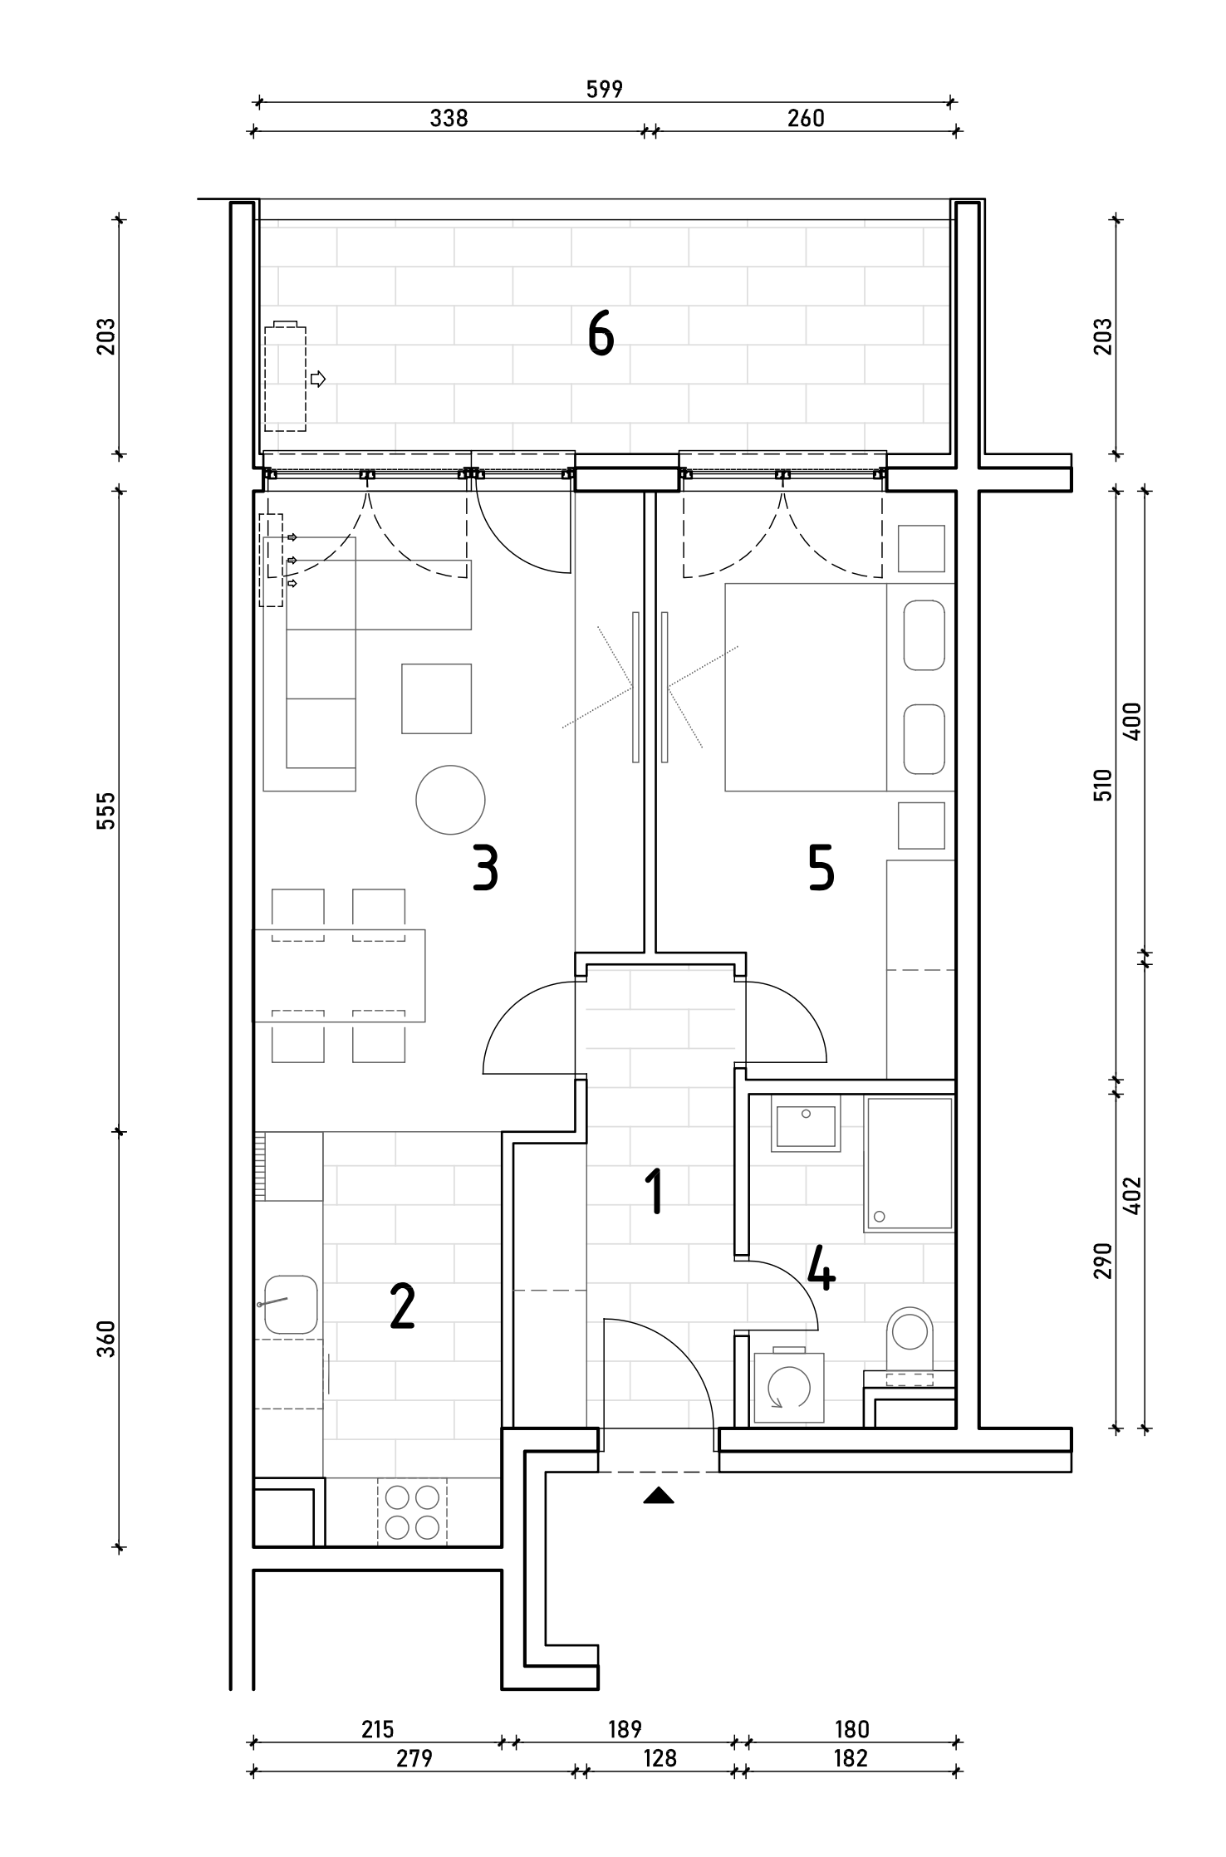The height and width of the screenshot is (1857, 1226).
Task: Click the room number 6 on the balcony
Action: [x=601, y=335]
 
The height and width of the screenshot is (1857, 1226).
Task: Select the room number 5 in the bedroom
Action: [x=821, y=869]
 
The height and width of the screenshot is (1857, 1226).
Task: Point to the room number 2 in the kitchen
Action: [x=402, y=1306]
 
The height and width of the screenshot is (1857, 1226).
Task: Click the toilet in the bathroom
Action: [x=910, y=1348]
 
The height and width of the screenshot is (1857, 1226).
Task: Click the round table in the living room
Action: [x=450, y=799]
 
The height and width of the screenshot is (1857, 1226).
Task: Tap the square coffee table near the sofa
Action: [x=437, y=698]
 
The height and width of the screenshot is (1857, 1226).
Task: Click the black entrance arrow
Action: [x=659, y=1496]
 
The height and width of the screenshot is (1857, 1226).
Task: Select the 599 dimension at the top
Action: [x=605, y=89]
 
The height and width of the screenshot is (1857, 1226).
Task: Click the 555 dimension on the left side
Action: [x=105, y=811]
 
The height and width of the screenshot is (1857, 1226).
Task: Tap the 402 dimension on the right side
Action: [x=1131, y=1196]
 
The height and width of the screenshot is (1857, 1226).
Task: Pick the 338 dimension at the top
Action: [x=449, y=118]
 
